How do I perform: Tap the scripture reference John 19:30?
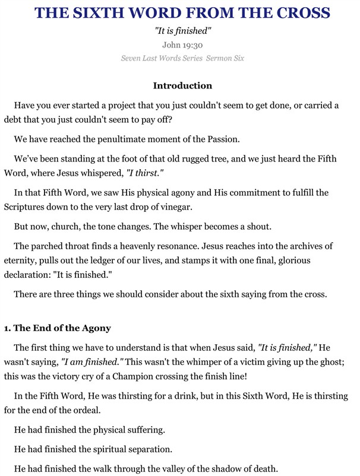[183, 45]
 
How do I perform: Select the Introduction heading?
[182, 86]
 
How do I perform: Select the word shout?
[279, 226]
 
